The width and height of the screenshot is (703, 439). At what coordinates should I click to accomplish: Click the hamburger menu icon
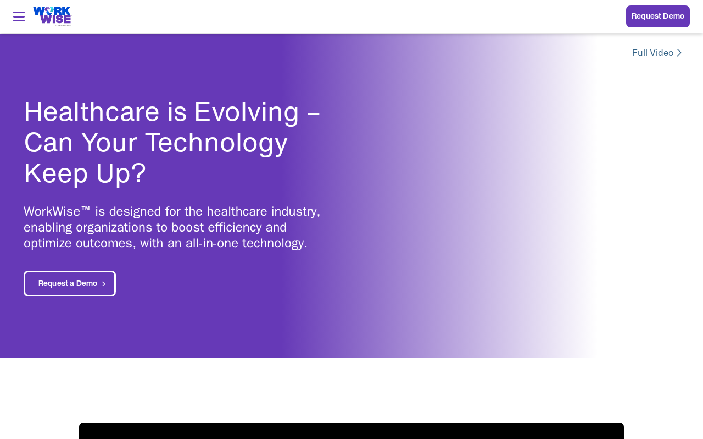click(19, 16)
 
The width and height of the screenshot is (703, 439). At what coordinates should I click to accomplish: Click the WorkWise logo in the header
click(52, 16)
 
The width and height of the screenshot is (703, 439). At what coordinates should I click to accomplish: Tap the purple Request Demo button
click(658, 16)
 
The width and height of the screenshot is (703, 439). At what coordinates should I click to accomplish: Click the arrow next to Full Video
click(679, 53)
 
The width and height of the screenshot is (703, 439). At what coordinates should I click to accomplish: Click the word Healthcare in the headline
click(92, 111)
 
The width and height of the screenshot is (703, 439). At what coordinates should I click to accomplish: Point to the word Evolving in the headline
click(247, 112)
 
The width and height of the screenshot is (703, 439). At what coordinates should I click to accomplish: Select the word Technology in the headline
click(216, 143)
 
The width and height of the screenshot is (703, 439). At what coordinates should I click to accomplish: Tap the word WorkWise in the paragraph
click(52, 211)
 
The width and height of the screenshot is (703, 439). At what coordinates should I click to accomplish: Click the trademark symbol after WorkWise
click(85, 209)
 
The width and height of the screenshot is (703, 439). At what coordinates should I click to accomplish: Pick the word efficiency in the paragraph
click(235, 228)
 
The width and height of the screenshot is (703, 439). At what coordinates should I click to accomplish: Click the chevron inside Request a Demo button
click(104, 284)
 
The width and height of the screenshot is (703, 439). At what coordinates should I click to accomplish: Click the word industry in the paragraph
click(295, 212)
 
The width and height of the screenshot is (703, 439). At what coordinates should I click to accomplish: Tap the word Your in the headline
click(109, 142)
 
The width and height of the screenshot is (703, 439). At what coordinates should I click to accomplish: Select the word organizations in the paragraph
click(114, 228)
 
